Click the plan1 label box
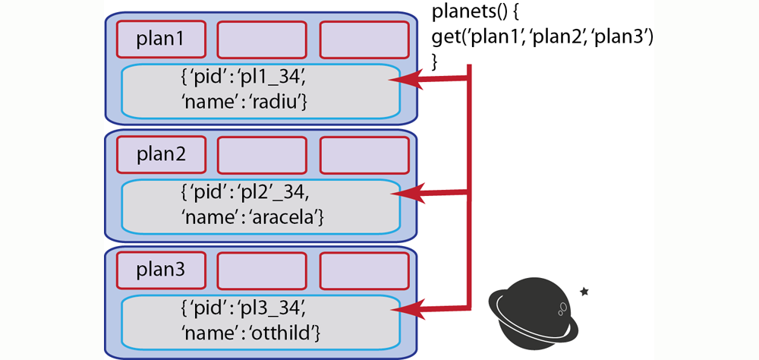(x=161, y=39)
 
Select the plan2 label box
(x=161, y=156)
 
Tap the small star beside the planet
(x=584, y=290)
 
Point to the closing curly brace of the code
(x=436, y=60)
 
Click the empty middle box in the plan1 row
(x=262, y=39)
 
